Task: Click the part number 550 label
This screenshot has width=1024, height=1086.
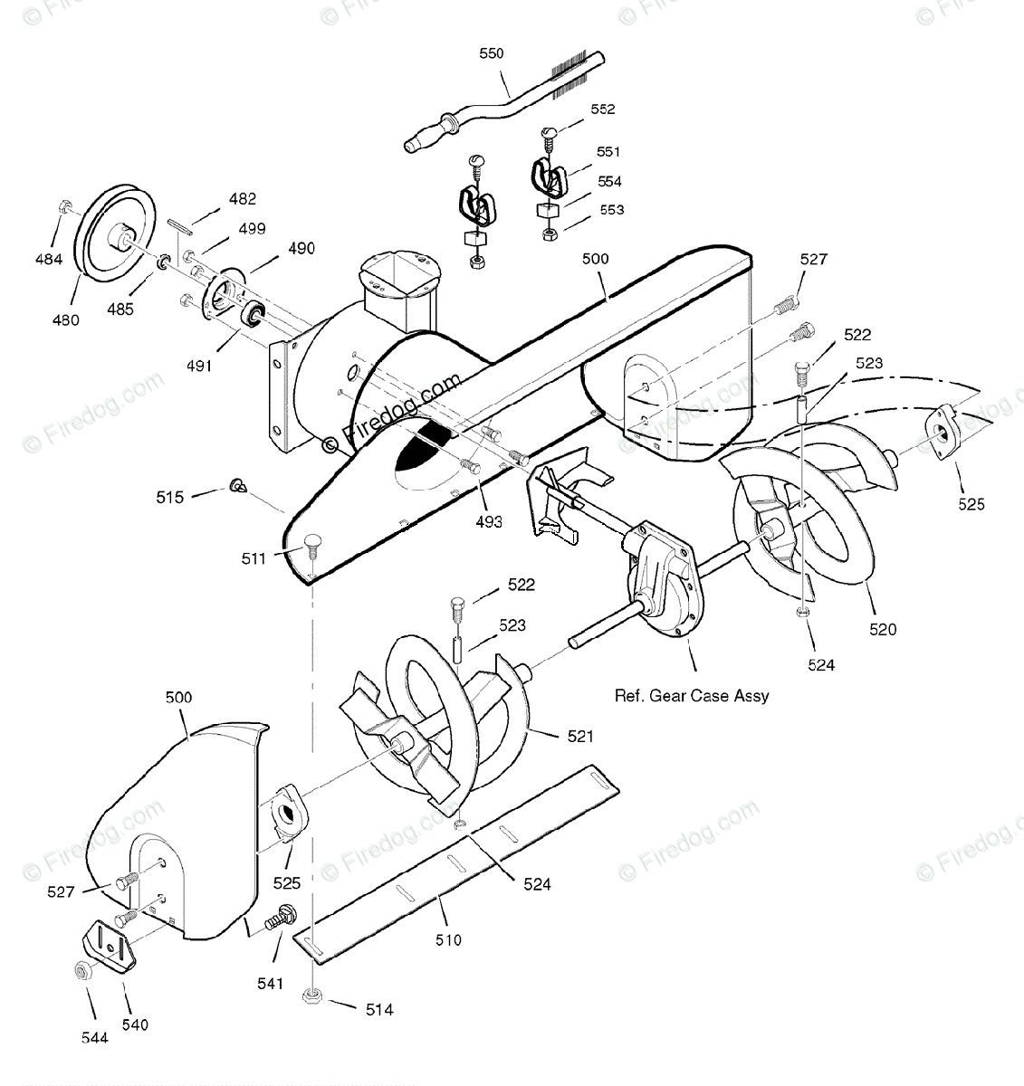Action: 492,53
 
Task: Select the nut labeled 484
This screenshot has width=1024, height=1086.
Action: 64,207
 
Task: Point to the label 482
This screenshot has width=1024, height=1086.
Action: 242,199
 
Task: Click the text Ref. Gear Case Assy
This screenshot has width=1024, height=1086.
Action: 692,695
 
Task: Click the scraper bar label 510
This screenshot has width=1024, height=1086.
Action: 448,939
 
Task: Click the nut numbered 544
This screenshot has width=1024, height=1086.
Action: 80,970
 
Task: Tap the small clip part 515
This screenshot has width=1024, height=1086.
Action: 237,485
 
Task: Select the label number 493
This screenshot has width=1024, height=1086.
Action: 489,521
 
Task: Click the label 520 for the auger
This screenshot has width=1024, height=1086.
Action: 883,629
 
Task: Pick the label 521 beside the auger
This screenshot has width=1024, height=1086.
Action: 580,736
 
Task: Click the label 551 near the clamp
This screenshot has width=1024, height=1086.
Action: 608,151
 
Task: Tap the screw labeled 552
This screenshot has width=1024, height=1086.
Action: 548,133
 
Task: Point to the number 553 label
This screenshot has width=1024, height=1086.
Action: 612,210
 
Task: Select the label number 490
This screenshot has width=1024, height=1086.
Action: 301,248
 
